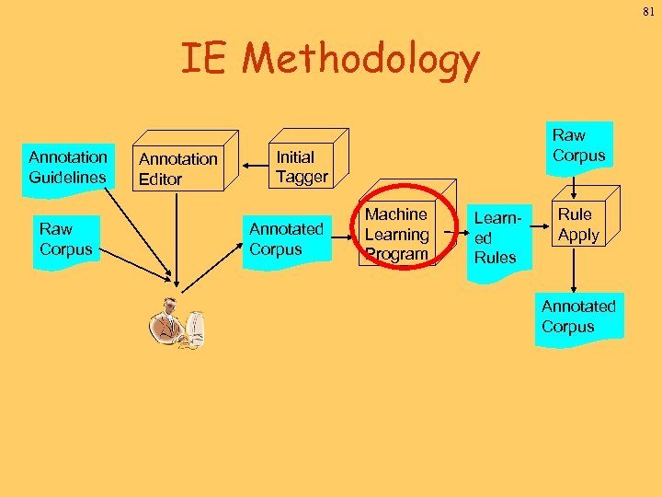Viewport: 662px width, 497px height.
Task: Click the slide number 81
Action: click(647, 13)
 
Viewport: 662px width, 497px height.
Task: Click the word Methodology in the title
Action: click(360, 60)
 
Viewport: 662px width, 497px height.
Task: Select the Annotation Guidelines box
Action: click(68, 167)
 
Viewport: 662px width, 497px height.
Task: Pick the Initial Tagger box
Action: click(302, 167)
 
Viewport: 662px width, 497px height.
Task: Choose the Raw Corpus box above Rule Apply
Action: click(578, 146)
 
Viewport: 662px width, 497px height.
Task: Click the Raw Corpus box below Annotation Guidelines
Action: click(65, 239)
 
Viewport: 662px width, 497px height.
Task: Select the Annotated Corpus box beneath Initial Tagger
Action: click(287, 239)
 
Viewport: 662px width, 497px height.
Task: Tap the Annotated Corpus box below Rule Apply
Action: click(578, 317)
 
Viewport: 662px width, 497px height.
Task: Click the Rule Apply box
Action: click(578, 225)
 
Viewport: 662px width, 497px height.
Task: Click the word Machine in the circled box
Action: click(396, 214)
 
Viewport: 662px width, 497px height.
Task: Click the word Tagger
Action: click(302, 177)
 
